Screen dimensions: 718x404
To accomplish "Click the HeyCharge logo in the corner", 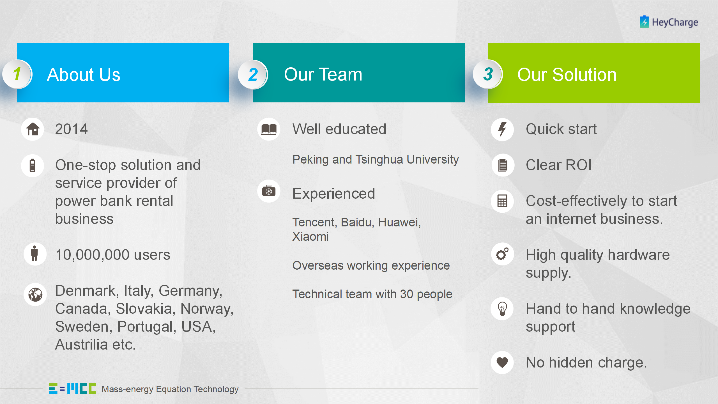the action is (669, 22).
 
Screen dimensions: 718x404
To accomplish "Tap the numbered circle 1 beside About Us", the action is (17, 74).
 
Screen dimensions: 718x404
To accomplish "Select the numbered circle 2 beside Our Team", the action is (253, 75).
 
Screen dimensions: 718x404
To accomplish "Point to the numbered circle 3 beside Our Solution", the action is (488, 74).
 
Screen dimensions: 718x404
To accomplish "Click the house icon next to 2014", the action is (33, 129).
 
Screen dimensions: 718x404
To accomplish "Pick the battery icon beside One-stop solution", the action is (33, 166).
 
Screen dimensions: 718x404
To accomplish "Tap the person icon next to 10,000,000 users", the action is (35, 254).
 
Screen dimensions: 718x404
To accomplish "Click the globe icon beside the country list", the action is (35, 295).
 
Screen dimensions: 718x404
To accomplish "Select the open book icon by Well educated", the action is (269, 129).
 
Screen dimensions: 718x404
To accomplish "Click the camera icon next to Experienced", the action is (269, 191).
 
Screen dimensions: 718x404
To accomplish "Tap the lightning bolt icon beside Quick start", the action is (502, 130).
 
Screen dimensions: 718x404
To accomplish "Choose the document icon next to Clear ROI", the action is (503, 165).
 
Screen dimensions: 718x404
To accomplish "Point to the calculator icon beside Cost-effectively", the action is (502, 201).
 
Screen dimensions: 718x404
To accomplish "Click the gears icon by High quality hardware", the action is (502, 254).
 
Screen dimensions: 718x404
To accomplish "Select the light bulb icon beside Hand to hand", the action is (502, 309).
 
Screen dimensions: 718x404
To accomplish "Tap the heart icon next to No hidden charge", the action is (502, 362).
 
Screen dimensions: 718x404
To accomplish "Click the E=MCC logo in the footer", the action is (73, 389).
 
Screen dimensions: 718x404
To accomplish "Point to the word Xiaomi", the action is (310, 237).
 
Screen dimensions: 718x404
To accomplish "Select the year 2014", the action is (72, 129).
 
